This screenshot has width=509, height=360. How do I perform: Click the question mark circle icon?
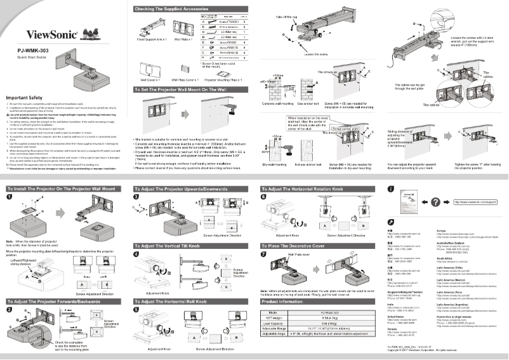pos(435,202)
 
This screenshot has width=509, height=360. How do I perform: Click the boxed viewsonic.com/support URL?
pos(473,203)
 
